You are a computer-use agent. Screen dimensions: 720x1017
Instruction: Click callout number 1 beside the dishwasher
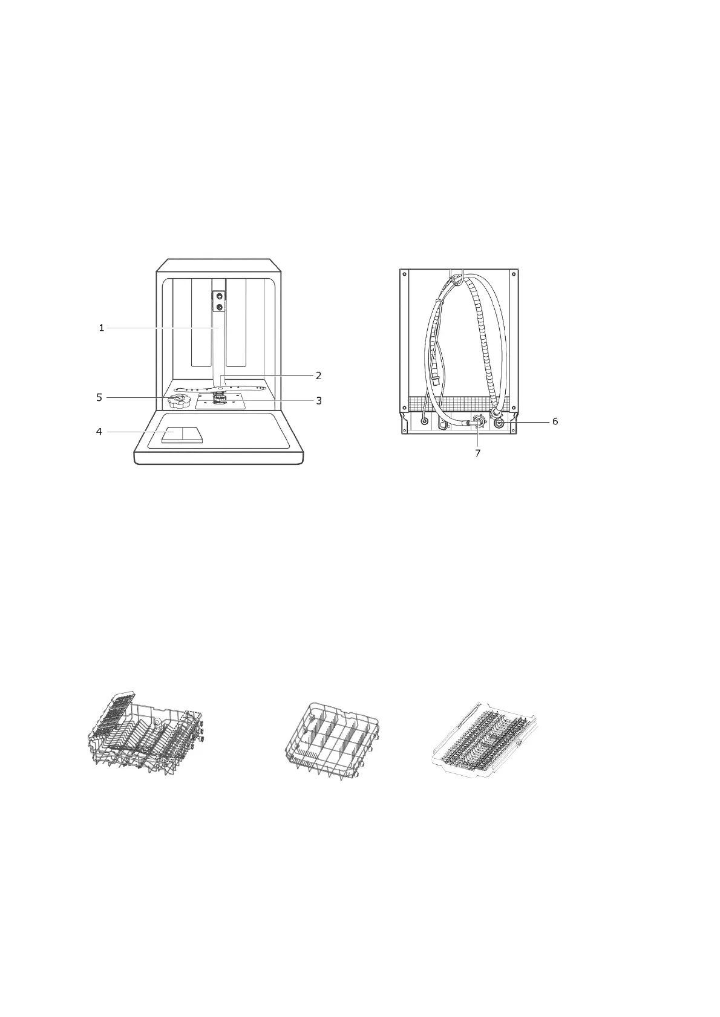102,328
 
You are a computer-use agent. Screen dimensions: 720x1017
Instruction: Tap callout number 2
318,375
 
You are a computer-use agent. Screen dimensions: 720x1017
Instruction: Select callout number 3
319,400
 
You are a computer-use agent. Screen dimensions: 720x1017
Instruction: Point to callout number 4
99,432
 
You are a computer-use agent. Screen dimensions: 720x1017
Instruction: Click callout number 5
99,398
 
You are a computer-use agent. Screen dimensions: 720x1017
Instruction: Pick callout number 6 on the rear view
555,421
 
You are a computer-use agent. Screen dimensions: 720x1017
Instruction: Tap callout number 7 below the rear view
477,453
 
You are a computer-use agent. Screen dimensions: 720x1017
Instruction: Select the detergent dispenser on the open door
182,435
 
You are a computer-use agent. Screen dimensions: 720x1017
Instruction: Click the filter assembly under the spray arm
221,400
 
